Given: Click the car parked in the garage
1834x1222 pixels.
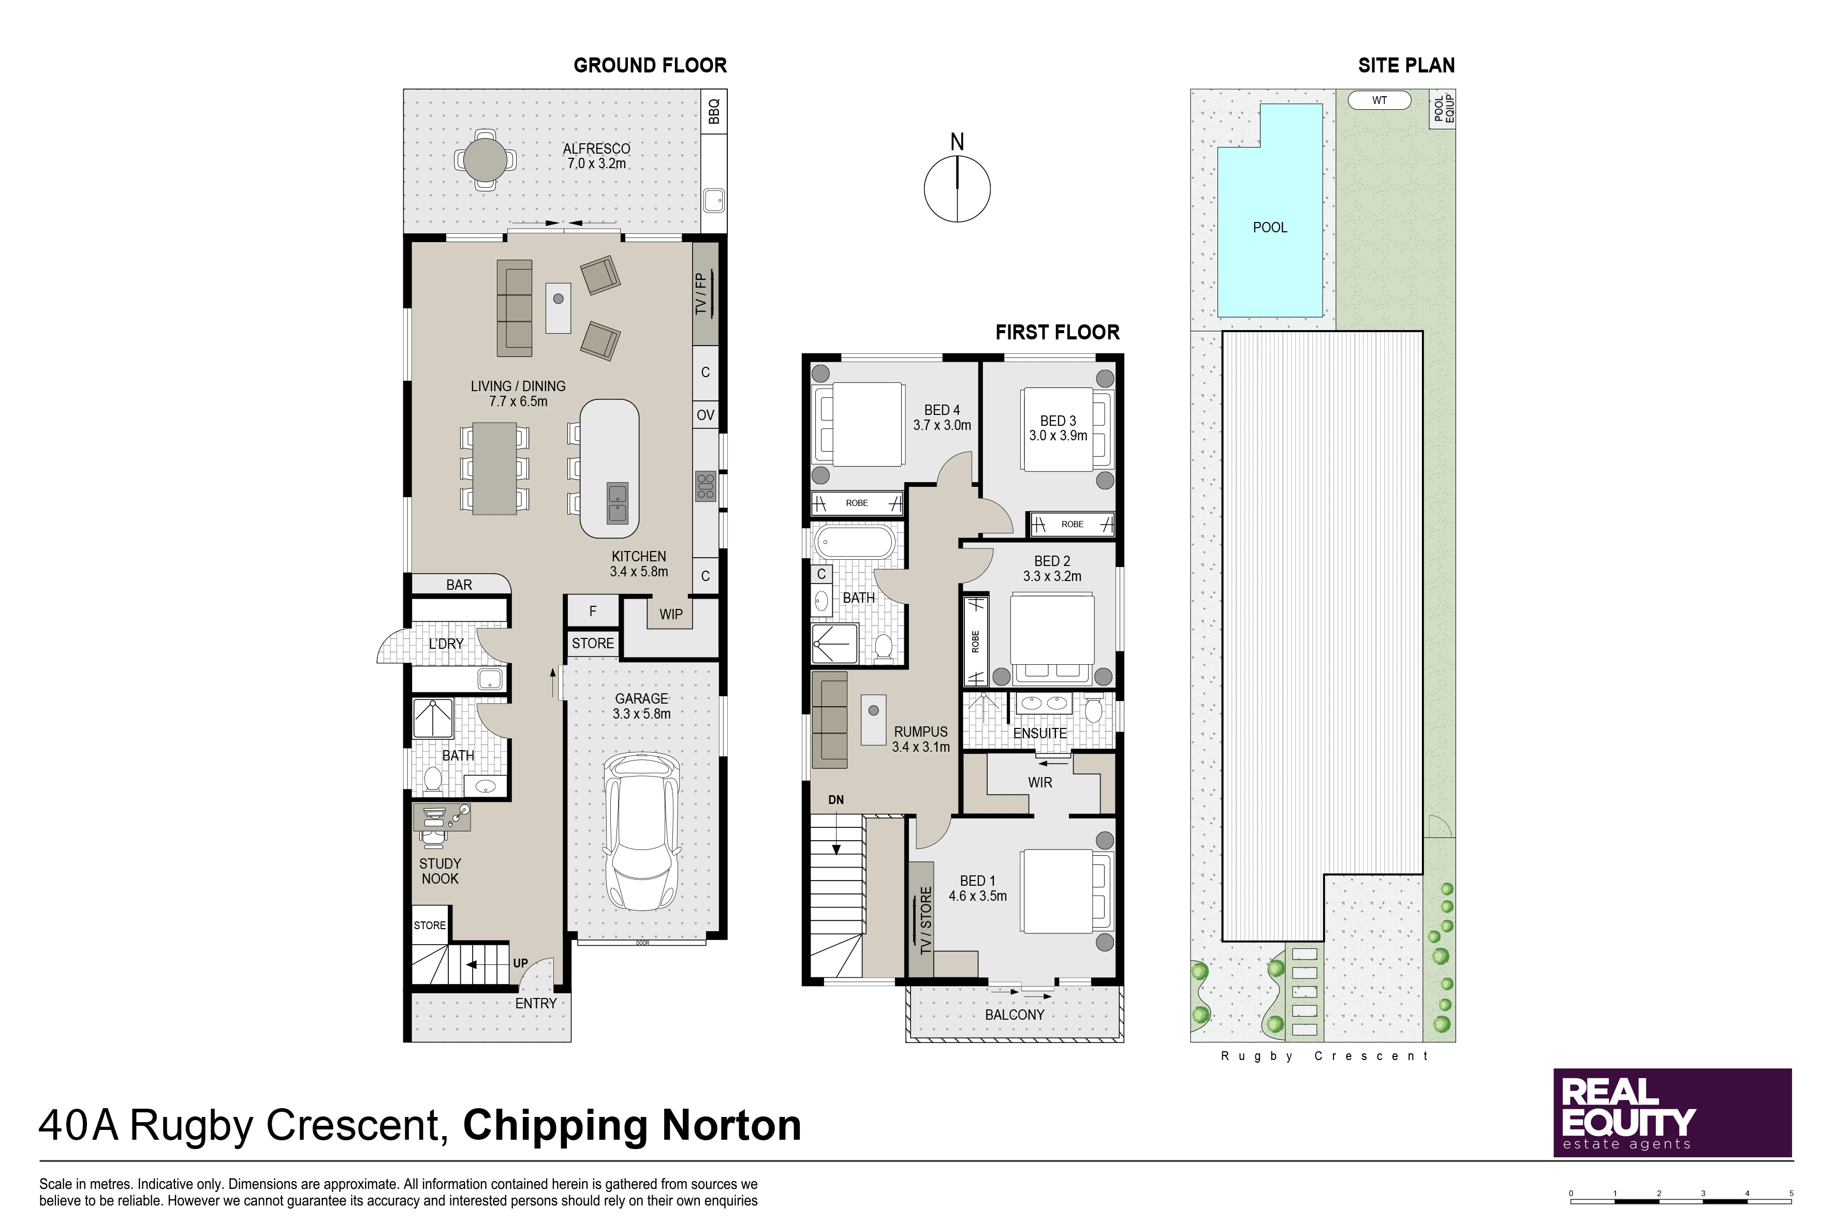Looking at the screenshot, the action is [642, 831].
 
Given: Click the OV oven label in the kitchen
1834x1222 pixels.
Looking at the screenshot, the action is [706, 415].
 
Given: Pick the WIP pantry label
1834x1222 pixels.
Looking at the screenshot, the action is [670, 614].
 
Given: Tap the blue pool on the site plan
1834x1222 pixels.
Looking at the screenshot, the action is [1270, 211].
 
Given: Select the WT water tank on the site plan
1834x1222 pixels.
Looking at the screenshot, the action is [1380, 100].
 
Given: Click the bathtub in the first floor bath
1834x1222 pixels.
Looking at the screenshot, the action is [855, 542].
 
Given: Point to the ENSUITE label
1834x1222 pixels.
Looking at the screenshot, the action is [1040, 734].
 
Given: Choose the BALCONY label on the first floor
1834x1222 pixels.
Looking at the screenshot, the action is [1015, 1015].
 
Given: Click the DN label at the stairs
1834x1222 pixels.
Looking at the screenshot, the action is [836, 800].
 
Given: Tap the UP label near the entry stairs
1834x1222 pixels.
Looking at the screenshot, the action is [520, 963].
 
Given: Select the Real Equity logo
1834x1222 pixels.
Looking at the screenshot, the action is [1672, 1113].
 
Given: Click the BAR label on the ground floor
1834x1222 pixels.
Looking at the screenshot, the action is [459, 585].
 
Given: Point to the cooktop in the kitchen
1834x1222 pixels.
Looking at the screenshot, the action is [706, 485].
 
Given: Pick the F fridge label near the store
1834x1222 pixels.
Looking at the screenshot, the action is [593, 612].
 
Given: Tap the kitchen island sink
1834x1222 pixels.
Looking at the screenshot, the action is [617, 503].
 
